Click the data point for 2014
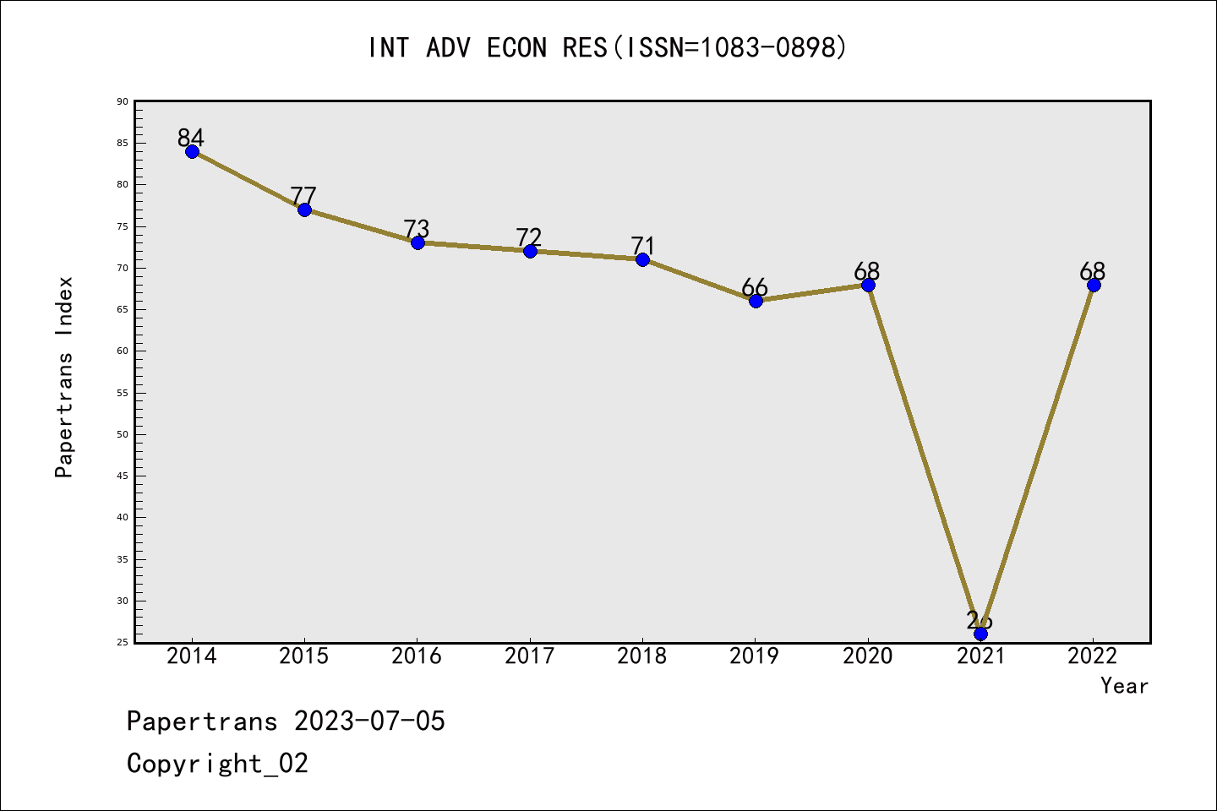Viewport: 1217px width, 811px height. (x=192, y=151)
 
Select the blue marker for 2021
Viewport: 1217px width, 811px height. (x=980, y=634)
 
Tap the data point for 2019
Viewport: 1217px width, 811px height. (x=756, y=301)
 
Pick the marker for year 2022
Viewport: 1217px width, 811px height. (x=1094, y=285)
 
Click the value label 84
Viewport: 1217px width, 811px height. (x=191, y=137)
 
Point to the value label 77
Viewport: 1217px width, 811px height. (x=303, y=195)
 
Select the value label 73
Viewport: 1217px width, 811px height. (x=417, y=228)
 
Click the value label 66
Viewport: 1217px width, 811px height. (x=755, y=287)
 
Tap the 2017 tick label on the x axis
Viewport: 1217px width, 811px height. (x=529, y=656)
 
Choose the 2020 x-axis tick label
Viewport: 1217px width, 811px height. (x=867, y=656)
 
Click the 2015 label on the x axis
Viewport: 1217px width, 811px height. (x=303, y=656)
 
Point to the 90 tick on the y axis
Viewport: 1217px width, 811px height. (x=123, y=101)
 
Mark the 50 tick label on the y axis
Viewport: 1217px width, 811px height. (x=123, y=434)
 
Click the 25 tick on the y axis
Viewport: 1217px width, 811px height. (x=123, y=642)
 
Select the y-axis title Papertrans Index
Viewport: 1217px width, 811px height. (x=64, y=377)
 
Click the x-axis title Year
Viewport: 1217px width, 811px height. (x=1124, y=686)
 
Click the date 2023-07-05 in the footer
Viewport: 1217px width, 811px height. (x=369, y=721)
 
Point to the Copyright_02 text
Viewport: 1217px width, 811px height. (x=217, y=764)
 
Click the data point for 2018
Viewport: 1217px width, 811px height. (x=642, y=259)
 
